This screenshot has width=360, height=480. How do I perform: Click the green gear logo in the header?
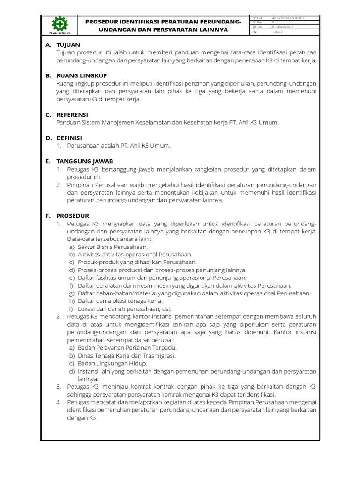click(59, 24)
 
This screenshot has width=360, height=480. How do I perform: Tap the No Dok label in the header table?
click(258, 18)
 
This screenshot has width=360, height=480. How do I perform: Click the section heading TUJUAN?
click(68, 45)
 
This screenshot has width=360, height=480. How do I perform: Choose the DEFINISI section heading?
click(69, 138)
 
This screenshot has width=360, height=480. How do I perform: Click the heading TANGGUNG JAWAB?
click(84, 161)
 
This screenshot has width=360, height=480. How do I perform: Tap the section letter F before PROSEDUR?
click(48, 215)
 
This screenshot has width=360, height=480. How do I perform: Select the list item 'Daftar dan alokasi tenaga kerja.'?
click(120, 301)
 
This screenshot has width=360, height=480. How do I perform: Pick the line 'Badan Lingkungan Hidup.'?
click(112, 363)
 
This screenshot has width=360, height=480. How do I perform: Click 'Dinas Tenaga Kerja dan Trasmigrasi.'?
click(127, 356)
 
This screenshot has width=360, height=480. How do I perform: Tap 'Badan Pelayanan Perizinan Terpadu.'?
click(127, 348)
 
